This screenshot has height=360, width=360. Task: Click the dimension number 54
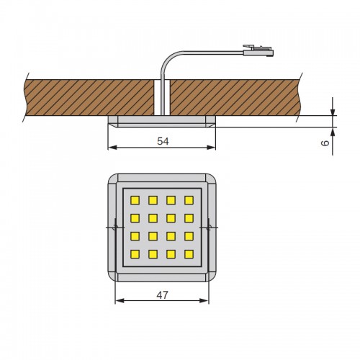[x=163, y=141]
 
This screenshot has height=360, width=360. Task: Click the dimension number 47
[x=163, y=295]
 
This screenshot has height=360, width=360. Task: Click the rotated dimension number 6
[x=325, y=143]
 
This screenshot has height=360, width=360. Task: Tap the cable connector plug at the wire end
[x=258, y=50]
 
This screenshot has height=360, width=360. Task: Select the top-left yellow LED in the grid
[x=135, y=200]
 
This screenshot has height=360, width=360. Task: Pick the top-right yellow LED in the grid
[x=189, y=200]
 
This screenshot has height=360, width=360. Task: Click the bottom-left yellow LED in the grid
[x=135, y=254]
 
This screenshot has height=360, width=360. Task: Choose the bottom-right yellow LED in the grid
[x=189, y=254]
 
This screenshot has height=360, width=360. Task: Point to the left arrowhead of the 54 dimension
[x=112, y=148]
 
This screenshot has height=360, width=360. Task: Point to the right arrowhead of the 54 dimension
[x=211, y=148]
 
